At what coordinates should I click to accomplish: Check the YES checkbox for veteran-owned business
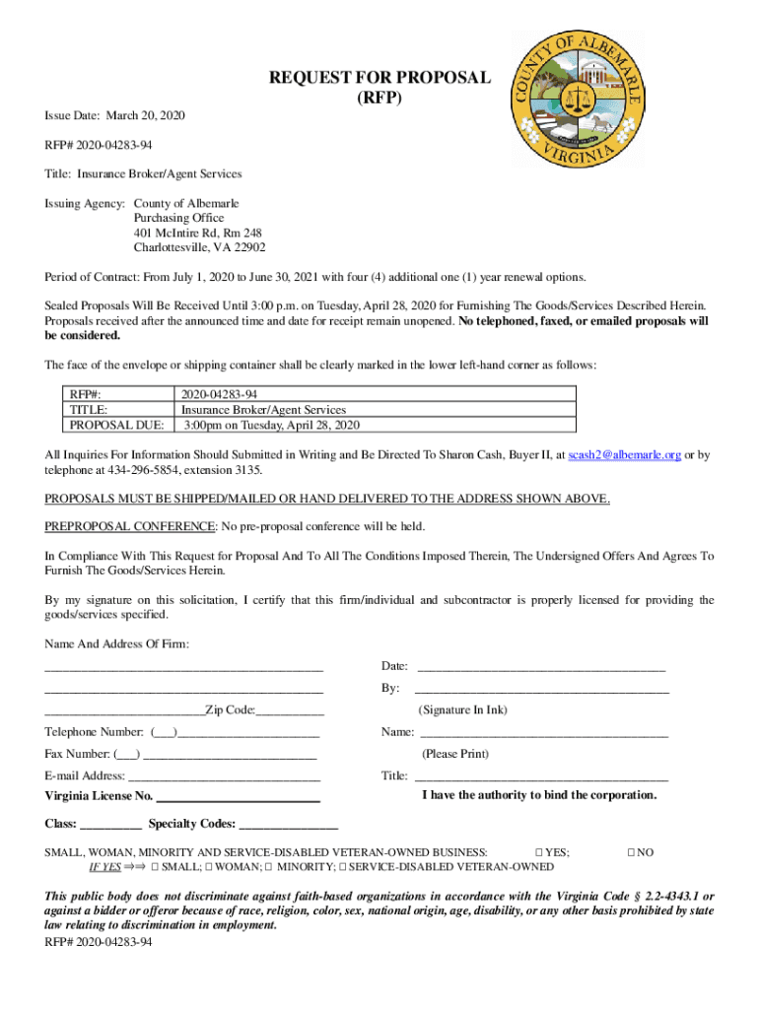coord(538,851)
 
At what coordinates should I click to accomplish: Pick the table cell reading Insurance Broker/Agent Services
coord(263,409)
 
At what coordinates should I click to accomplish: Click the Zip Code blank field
coord(289,711)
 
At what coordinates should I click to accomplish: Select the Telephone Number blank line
coord(247,733)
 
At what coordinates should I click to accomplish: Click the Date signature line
coord(541,669)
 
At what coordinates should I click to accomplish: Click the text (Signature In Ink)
coord(462,709)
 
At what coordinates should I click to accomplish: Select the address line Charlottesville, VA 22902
coord(199,247)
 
